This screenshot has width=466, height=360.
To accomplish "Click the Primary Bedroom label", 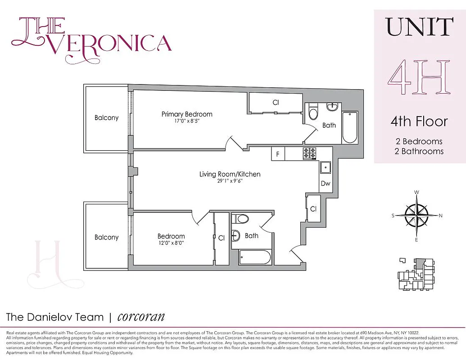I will (187, 114).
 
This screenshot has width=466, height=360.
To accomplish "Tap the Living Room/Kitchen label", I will (230, 174).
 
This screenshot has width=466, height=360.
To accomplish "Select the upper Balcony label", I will (107, 118).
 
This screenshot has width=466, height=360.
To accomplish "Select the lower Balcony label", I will (107, 237).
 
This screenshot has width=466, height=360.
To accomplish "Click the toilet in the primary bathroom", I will (313, 111).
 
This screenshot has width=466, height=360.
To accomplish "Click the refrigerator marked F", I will (278, 154).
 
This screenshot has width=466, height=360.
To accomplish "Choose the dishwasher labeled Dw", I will (325, 184).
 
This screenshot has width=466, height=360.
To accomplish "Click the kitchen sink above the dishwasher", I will (325, 167).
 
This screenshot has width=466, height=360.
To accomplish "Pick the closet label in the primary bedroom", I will (276, 103).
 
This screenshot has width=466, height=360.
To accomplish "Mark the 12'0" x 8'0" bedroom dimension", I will (171, 243).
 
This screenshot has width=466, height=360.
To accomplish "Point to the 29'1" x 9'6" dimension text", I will (230, 181).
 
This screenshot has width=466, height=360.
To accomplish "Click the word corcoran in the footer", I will (141, 316).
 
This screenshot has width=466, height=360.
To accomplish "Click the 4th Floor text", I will (419, 121).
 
